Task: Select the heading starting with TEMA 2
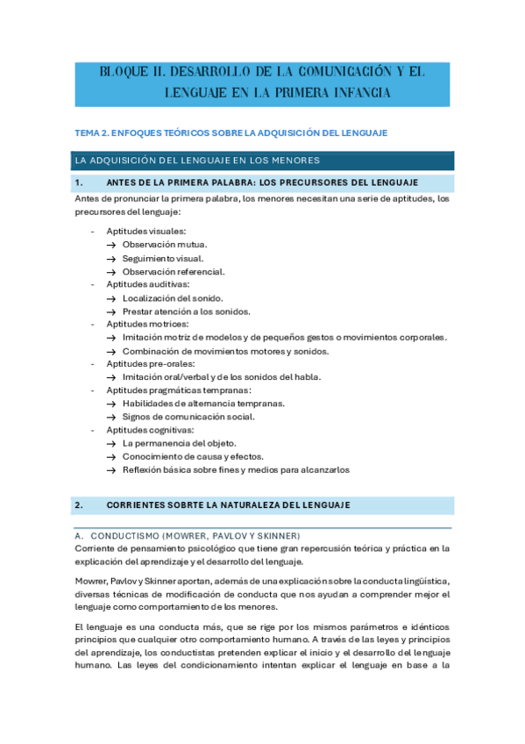pyautogui.click(x=231, y=132)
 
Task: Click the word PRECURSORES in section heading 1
pyautogui.click(x=335, y=182)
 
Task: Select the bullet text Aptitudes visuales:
pyautogui.click(x=146, y=231)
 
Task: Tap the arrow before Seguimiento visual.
pyautogui.click(x=111, y=258)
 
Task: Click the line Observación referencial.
pyautogui.click(x=174, y=271)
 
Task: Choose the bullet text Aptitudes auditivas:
pyautogui.click(x=147, y=284)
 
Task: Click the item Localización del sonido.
pyautogui.click(x=172, y=298)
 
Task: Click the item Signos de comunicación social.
pyautogui.click(x=188, y=417)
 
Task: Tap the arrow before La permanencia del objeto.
pyautogui.click(x=111, y=443)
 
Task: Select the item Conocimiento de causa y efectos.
pyautogui.click(x=193, y=456)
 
